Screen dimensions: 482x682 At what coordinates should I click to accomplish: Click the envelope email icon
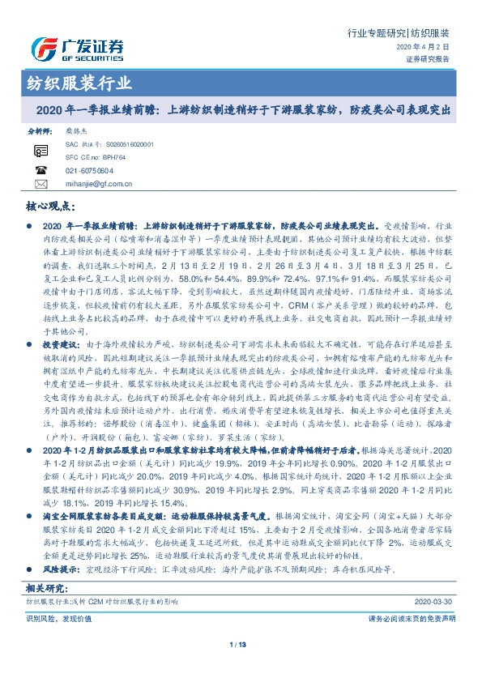[41, 185]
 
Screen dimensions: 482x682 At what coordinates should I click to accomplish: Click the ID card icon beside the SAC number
[41, 151]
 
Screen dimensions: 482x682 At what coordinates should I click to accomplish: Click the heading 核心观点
[51, 207]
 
